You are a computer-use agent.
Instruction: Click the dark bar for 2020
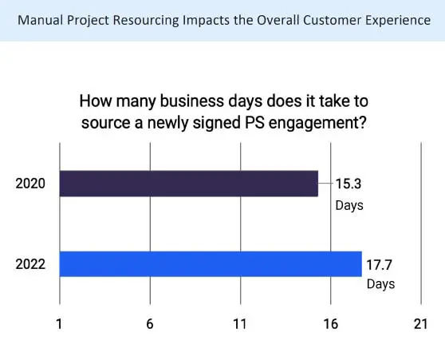tap(189, 184)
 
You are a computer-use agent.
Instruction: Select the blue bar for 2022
tap(211, 263)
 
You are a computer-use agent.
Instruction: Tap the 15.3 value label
tap(349, 184)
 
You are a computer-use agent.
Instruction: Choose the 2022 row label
tap(30, 264)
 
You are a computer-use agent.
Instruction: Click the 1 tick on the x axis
tap(59, 324)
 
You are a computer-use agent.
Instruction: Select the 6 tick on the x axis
tap(149, 324)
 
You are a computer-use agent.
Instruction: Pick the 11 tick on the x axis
tap(240, 324)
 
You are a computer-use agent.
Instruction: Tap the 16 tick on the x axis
tap(330, 324)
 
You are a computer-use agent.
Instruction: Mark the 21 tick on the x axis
tap(420, 324)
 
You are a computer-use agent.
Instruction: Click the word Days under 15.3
tap(349, 205)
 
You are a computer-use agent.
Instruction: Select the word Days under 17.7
tap(380, 284)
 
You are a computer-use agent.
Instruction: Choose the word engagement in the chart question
tap(324, 123)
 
